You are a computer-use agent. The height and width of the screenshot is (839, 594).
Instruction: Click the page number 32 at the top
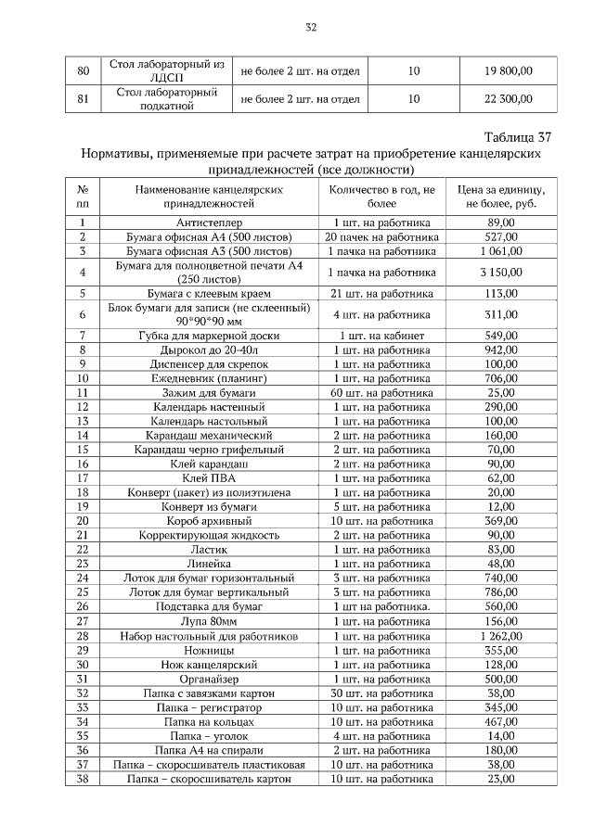point(311,28)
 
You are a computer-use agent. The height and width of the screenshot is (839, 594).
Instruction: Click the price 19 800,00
point(508,70)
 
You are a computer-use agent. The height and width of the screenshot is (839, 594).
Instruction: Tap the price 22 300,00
point(508,98)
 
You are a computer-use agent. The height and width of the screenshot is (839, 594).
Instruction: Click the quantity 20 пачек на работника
point(381,236)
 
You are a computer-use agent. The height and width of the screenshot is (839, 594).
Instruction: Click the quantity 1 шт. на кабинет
point(381,335)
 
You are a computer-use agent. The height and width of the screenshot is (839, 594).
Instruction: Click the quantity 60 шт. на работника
point(381,393)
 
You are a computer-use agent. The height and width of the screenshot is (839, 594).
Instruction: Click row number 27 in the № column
point(83,621)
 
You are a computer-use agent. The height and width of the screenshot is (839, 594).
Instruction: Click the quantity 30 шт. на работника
point(381,693)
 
